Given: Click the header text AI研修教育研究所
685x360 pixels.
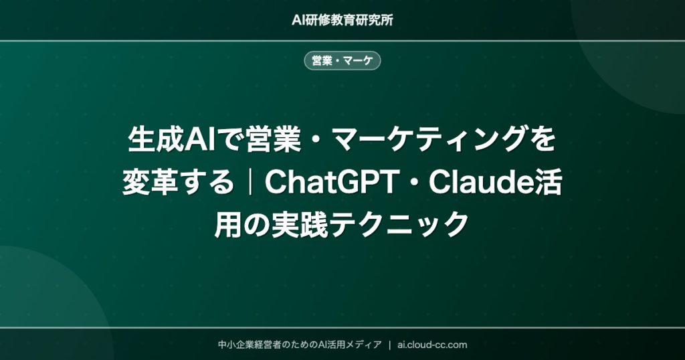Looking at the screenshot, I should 342,19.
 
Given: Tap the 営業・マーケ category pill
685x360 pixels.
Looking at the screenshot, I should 342,61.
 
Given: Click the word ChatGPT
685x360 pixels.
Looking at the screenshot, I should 328,183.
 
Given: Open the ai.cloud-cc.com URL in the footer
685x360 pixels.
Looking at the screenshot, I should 432,345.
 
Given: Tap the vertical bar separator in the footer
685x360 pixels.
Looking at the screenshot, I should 389,345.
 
